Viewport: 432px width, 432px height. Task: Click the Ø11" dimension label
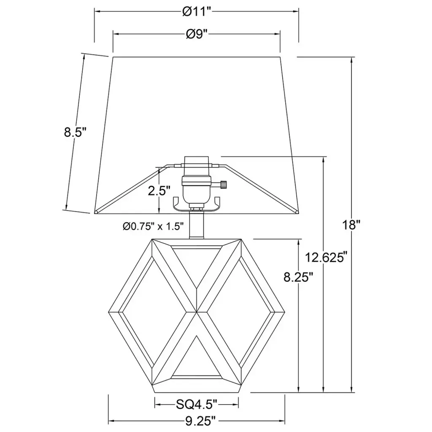pyautogui.click(x=197, y=11)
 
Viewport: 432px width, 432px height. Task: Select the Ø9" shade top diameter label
pyautogui.click(x=197, y=34)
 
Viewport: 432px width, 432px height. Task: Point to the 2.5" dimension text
pyautogui.click(x=159, y=191)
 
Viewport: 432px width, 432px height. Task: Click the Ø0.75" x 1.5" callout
pyautogui.click(x=153, y=227)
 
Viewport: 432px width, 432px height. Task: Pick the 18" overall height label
pyautogui.click(x=351, y=225)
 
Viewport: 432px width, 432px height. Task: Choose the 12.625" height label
pyautogui.click(x=325, y=258)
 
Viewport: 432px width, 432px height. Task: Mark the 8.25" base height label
pyautogui.click(x=298, y=277)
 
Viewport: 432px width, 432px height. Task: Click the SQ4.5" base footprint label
pyautogui.click(x=197, y=405)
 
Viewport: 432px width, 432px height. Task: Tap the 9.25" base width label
pyautogui.click(x=200, y=421)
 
